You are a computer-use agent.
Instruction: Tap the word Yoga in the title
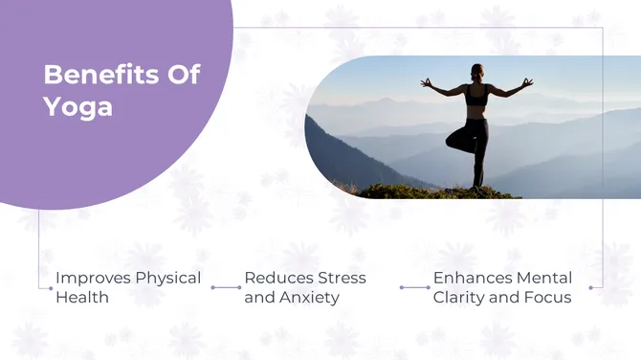pos(77,106)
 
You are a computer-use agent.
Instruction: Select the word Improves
pos(92,278)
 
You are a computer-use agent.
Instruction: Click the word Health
pos(81,297)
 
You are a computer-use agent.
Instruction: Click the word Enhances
pos(473,278)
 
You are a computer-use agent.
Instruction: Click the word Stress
pos(343,278)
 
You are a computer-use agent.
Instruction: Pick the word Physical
pos(167,278)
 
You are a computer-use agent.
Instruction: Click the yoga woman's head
pos(477,72)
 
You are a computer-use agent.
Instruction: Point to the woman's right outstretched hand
pos(426,82)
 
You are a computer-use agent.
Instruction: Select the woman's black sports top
pos(477,96)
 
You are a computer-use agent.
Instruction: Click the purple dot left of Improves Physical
pos(51,287)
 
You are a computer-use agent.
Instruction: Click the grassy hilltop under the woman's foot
pos(459,191)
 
